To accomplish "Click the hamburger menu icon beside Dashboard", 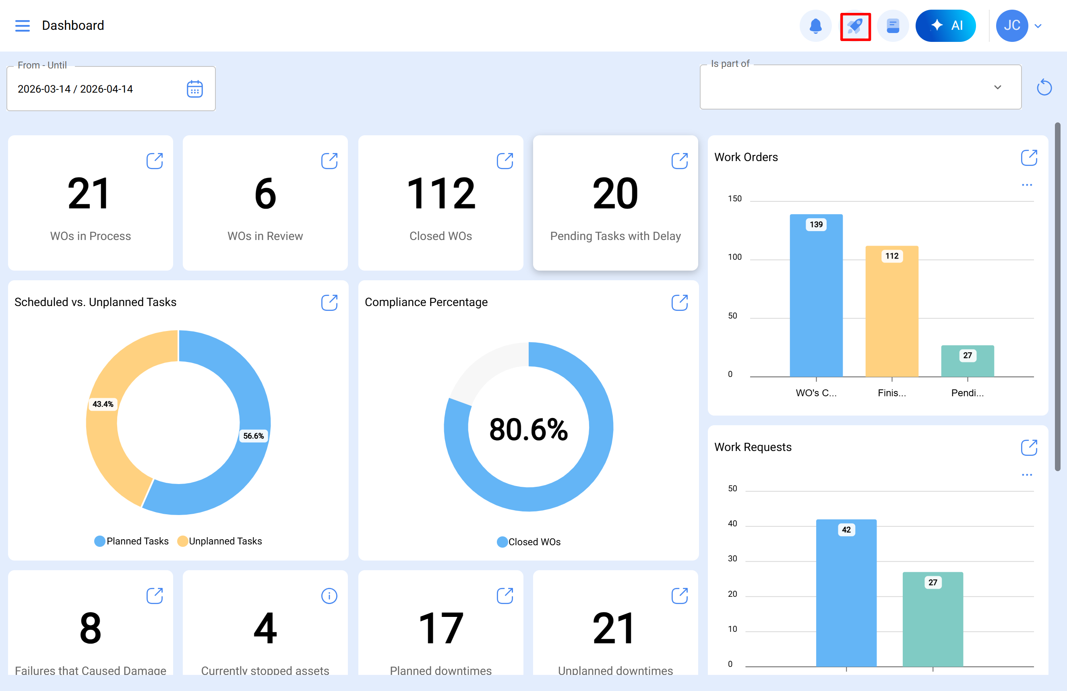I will pos(23,25).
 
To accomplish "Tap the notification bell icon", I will pos(815,25).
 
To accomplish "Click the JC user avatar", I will pos(1011,25).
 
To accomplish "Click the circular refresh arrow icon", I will pos(1044,87).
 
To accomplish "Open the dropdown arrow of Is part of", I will pos(997,87).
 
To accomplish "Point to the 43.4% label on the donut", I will pos(103,404).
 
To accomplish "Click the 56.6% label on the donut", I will pos(253,436).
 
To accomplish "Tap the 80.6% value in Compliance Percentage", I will pos(529,429).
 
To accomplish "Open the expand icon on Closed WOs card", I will pos(505,161).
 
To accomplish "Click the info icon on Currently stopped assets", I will pos(329,596).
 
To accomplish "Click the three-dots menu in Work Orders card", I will pos(1027,185).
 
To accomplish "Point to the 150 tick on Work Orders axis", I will pos(734,199).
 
